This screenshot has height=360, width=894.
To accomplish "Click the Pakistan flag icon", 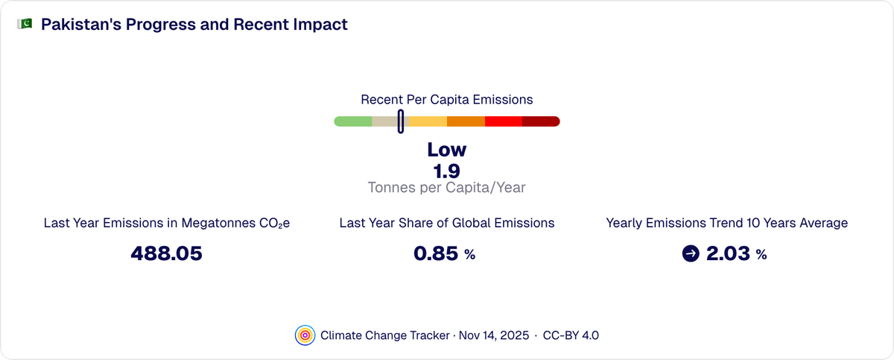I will [25, 25].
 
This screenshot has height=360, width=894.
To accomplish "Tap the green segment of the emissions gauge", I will [352, 121].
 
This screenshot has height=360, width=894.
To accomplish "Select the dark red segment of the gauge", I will [542, 121].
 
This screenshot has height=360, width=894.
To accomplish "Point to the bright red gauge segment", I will [504, 121].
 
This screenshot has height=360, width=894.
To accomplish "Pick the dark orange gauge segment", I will [466, 121].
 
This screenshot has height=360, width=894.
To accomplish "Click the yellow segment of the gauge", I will [428, 121].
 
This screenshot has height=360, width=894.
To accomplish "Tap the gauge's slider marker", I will [401, 121].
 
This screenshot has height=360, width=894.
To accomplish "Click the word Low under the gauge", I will [447, 150].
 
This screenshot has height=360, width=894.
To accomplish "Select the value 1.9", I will [447, 171].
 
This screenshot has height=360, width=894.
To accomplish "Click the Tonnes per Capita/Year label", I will [447, 188].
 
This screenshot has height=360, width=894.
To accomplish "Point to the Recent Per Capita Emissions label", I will [447, 99].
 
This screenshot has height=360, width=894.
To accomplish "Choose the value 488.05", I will [166, 254].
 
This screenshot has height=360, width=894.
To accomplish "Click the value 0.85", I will [436, 254].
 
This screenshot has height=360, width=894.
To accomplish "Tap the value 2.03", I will [728, 254].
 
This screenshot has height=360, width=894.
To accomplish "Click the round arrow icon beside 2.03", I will [691, 254].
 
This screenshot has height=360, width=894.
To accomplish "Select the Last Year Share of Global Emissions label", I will [447, 223].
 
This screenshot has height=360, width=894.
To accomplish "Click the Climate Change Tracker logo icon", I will [305, 335].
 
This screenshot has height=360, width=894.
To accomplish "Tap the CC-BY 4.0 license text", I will [571, 335].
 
